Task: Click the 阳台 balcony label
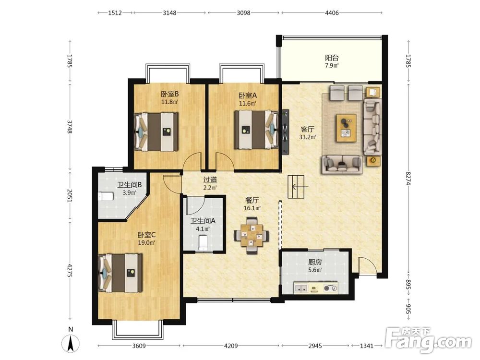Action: [332, 58]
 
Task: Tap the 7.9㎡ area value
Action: [332, 65]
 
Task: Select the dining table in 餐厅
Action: [252, 236]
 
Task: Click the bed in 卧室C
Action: [120, 273]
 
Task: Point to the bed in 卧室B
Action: [156, 132]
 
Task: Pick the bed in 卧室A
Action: [256, 130]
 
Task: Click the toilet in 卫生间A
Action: [203, 242]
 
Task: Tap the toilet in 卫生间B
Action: [106, 196]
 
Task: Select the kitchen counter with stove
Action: [316, 288]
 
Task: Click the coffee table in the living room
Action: [346, 128]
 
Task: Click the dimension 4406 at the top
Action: [332, 13]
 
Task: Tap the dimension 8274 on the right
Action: [408, 178]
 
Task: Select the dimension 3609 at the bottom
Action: [139, 346]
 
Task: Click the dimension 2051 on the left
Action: [70, 195]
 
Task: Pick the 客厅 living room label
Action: [307, 129]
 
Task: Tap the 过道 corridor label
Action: [210, 180]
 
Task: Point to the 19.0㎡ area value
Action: [146, 243]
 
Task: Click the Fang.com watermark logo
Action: [429, 340]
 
